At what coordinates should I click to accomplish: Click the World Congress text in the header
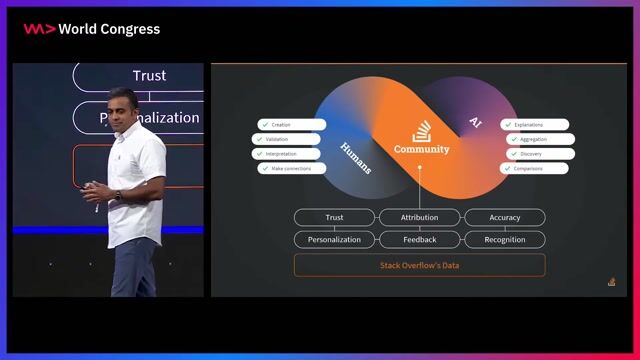point(109,29)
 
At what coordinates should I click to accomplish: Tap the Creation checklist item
point(291,125)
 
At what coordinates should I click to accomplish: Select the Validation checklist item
point(289,139)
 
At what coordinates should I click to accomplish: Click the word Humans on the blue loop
point(356,157)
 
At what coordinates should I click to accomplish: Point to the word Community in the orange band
point(421,150)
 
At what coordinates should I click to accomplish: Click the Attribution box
point(419,217)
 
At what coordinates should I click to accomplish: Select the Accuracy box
point(504,217)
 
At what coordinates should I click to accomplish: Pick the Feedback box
point(419,240)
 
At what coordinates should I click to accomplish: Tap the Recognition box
point(504,240)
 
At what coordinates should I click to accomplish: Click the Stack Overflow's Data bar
point(419,265)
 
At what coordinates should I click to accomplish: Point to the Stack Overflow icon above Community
point(421,131)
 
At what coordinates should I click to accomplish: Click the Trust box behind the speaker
point(150,76)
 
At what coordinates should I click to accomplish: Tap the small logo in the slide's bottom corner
point(611,282)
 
